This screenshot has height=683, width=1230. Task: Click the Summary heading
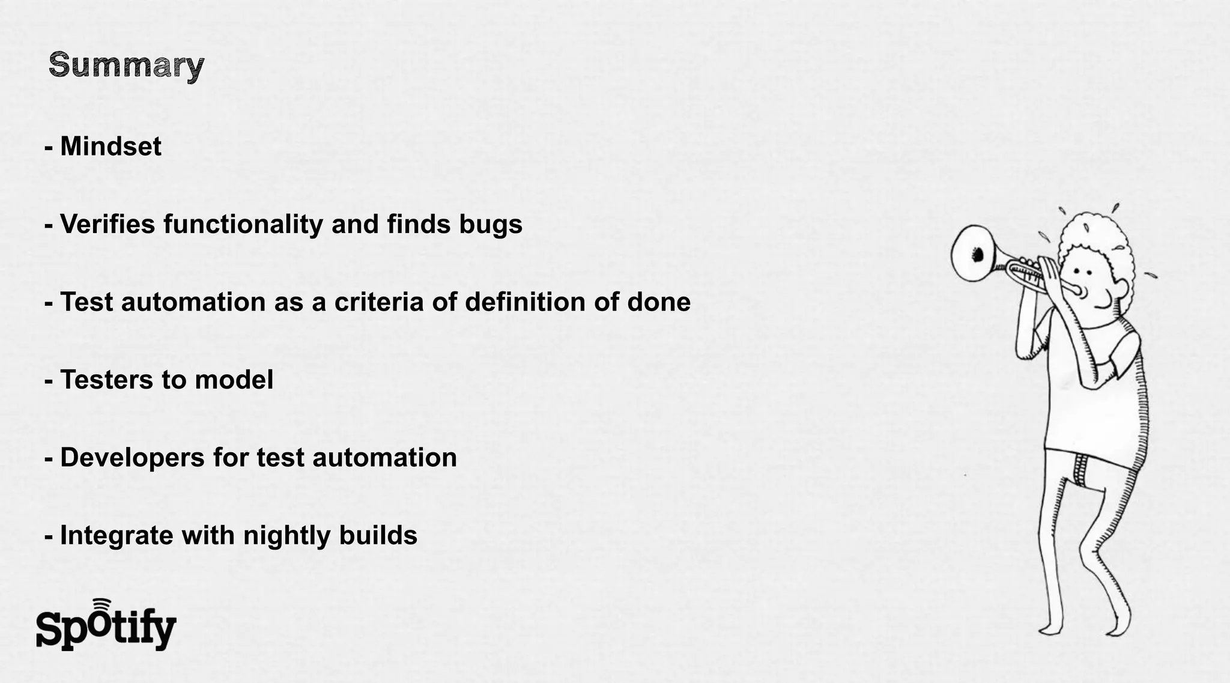(x=126, y=65)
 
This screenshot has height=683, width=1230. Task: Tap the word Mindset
(x=111, y=147)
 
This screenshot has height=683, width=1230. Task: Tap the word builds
(x=378, y=535)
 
